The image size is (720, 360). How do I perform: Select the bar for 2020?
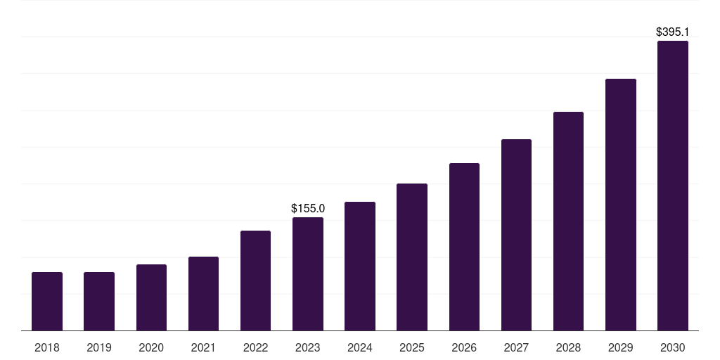151,297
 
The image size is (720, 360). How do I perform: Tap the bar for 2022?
255,281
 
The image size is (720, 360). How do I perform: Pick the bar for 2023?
308,274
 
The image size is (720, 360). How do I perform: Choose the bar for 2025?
412,257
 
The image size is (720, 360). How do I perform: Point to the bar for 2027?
516,235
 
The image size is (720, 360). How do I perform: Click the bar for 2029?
620,205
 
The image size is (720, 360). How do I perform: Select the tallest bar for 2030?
673,186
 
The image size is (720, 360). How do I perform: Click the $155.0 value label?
308,208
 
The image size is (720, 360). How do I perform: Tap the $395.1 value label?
672,32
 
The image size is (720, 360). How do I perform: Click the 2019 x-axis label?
99,347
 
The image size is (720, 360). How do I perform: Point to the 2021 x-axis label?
203,347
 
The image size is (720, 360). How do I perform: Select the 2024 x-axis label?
360,347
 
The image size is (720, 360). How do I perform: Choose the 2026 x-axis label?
464,347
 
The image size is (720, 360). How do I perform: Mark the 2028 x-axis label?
568,347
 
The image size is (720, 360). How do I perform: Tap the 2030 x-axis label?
673,347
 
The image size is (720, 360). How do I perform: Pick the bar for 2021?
203,293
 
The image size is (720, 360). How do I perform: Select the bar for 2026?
464,247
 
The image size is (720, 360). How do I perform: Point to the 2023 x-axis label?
308,347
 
